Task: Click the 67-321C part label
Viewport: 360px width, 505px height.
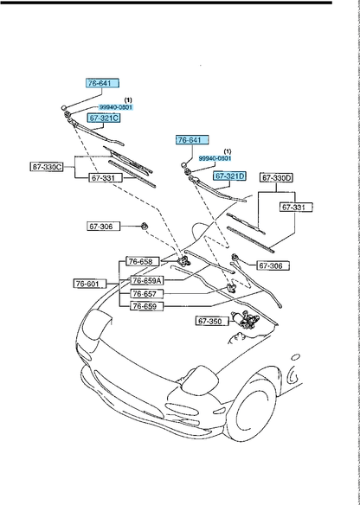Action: (x=102, y=118)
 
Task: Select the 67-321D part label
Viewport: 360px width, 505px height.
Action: (x=230, y=176)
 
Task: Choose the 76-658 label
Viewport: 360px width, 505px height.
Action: (x=140, y=261)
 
